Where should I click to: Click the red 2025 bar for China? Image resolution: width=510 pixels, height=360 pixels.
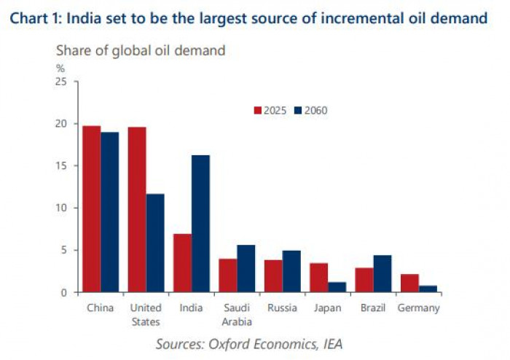(x=91, y=209)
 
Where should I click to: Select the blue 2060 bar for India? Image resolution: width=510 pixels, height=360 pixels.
(x=200, y=224)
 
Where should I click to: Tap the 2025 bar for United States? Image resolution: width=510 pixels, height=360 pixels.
(x=137, y=210)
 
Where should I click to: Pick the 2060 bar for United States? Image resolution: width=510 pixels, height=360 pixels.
(x=155, y=243)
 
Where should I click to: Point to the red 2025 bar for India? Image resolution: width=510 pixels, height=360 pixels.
(x=182, y=263)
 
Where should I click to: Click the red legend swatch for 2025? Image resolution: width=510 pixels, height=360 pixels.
(x=257, y=110)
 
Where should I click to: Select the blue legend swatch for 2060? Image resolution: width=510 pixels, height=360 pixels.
(x=297, y=110)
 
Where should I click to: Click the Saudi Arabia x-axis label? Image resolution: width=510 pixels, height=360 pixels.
(x=236, y=314)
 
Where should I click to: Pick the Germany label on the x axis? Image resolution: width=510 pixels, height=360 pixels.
(x=418, y=308)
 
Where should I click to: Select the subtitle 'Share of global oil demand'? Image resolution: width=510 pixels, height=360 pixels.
(x=141, y=50)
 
